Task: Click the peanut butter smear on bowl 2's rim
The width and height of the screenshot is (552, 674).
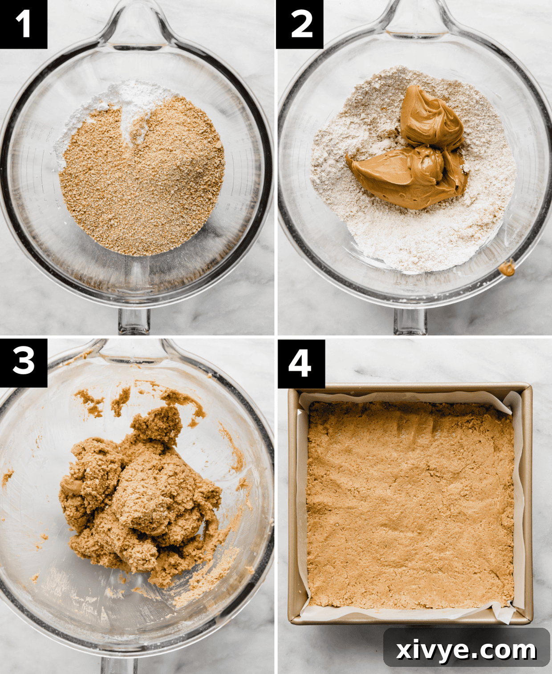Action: [507, 268]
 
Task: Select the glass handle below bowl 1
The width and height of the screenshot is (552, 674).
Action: [134, 320]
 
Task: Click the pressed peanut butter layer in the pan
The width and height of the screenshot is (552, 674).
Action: [410, 502]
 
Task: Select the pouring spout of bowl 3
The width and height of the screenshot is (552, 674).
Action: [134, 349]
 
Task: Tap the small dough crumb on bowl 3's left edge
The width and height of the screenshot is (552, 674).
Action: [7, 478]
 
